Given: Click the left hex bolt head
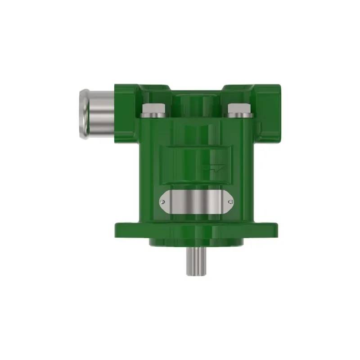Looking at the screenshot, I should (153, 108).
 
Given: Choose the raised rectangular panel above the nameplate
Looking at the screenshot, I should (197, 164).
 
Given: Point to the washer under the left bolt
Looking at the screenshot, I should (153, 115).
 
